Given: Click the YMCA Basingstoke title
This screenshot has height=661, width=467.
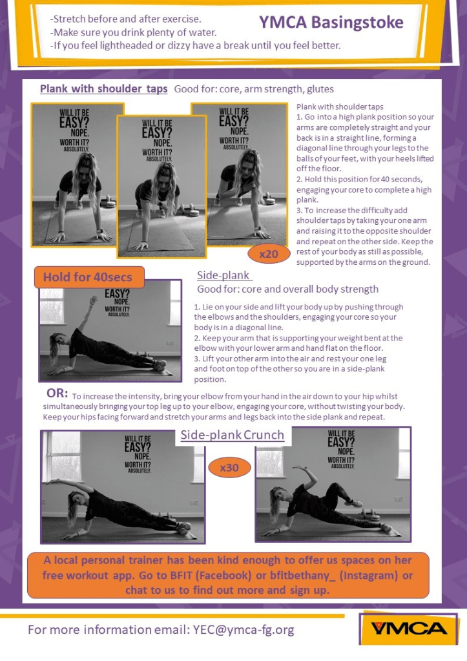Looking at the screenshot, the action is click(x=331, y=23).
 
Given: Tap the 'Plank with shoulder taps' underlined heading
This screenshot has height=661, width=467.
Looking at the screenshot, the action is click(x=104, y=89).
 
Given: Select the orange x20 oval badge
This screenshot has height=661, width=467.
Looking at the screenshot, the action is click(x=269, y=254).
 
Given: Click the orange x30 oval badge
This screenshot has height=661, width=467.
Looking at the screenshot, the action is click(x=229, y=468).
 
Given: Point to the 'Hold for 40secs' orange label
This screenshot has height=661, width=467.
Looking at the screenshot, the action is click(x=89, y=277).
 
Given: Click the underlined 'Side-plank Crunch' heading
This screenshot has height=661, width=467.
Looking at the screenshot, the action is click(x=233, y=435).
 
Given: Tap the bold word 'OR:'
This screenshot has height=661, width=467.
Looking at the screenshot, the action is click(x=57, y=393).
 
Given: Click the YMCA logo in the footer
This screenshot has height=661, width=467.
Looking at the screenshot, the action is click(x=408, y=629).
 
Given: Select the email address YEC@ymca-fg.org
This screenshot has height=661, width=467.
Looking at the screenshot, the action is click(x=244, y=630).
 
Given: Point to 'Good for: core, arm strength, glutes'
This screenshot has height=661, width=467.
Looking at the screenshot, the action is click(x=254, y=89).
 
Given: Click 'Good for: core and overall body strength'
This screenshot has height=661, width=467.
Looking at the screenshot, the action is click(x=288, y=289).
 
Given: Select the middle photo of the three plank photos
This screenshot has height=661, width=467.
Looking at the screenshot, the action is click(x=161, y=186).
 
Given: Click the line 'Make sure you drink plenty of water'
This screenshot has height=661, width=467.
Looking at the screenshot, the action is click(x=133, y=32).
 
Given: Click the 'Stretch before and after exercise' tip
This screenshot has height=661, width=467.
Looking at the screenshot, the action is click(x=125, y=19).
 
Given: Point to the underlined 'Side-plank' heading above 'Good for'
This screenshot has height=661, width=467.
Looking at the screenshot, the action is click(x=223, y=275).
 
